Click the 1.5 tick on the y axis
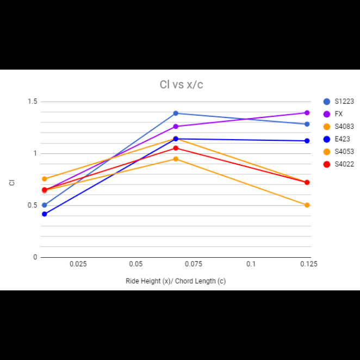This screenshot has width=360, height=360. pos(32,102)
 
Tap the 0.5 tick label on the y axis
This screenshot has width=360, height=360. pos(32,205)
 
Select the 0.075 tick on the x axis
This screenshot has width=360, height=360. pos(193,264)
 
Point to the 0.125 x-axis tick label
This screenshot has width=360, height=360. pos(308,264)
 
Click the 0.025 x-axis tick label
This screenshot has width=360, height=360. pos(78,264)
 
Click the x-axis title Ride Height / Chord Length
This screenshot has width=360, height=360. pos(176,281)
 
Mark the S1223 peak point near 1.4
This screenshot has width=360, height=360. pos(176,113)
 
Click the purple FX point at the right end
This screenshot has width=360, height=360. pos(307,113)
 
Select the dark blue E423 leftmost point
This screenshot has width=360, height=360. pos(45,214)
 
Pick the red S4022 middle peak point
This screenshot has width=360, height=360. pos(176,148)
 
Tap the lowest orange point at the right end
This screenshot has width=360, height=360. pos(307,205)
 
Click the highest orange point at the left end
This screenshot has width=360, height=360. pos(45,179)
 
